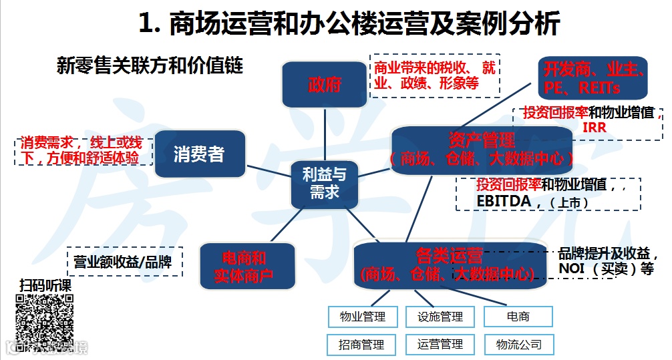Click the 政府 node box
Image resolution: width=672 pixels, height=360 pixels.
pyautogui.click(x=325, y=85)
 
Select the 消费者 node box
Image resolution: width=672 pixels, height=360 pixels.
pyautogui.click(x=199, y=154)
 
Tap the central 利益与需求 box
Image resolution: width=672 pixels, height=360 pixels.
pyautogui.click(x=324, y=183)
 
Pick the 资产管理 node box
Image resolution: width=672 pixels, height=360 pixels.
pyautogui.click(x=482, y=149)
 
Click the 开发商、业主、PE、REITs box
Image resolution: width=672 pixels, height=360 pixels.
pyautogui.click(x=592, y=78)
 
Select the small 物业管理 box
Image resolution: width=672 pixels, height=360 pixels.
pyautogui.click(x=362, y=317)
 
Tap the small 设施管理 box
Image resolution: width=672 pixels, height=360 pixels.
pyautogui.click(x=440, y=317)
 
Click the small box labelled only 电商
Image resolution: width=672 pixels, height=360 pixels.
pyautogui.click(x=519, y=317)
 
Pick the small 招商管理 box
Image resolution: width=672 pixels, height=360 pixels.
pyautogui.click(x=362, y=345)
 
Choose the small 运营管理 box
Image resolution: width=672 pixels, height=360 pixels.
pyautogui.click(x=440, y=345)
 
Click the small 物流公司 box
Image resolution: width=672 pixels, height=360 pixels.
pyautogui.click(x=519, y=345)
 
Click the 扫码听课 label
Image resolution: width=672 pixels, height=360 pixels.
pyautogui.click(x=45, y=285)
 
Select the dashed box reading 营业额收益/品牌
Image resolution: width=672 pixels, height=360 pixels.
pyautogui.click(x=124, y=262)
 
